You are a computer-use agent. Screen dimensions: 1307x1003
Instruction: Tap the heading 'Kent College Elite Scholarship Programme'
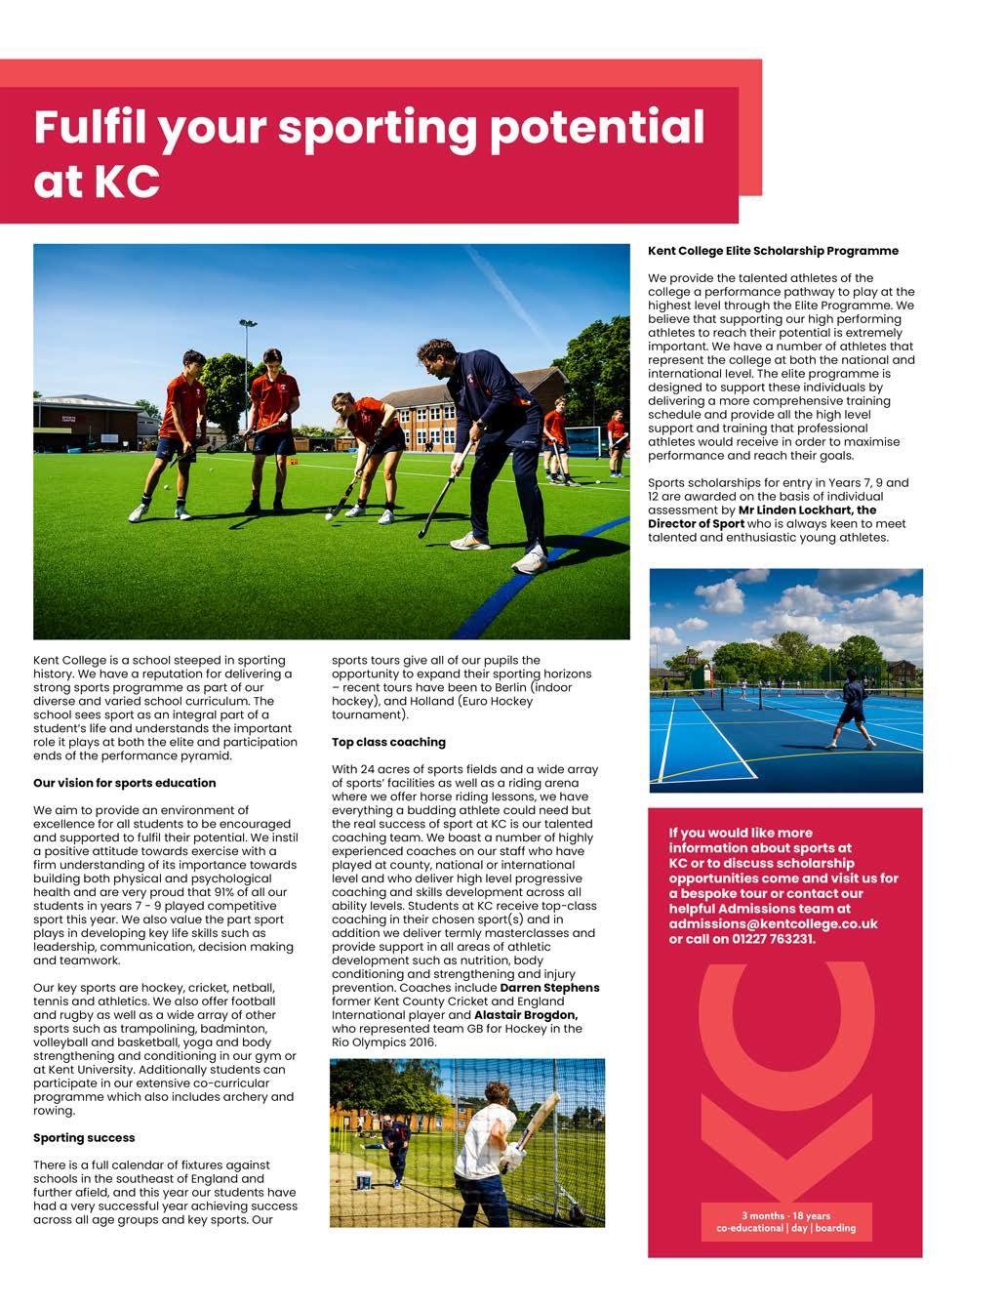coord(773,251)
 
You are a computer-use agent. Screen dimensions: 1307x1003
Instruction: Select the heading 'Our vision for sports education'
coord(124,783)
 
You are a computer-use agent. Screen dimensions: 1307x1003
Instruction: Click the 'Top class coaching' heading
coord(388,742)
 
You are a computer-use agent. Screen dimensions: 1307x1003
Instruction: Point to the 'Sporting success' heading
coord(84,1138)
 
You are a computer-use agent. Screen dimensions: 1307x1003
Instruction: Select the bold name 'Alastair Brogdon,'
coord(526,1015)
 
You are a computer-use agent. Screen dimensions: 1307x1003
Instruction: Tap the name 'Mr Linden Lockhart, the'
coord(807,510)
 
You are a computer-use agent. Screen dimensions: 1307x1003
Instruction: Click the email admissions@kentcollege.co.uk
coord(773,923)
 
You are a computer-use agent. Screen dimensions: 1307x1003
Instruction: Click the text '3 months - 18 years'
coord(785,1216)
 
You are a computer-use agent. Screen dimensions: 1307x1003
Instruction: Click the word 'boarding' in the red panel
coord(835,1228)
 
